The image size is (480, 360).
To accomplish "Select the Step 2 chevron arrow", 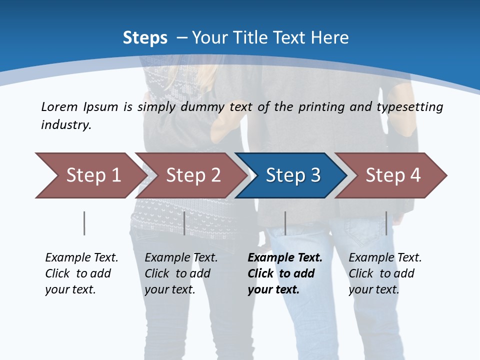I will tap(192, 175).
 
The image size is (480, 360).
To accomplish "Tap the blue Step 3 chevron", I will tap(292, 175).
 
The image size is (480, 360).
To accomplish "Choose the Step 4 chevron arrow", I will tap(392, 175).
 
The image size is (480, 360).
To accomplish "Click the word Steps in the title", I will tap(145, 38).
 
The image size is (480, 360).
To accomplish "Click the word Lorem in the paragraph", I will tap(59, 106).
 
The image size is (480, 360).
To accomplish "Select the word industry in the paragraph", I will tap(65, 124).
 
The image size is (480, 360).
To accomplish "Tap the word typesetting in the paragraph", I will tap(413, 107).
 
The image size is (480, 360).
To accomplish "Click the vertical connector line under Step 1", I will tap(84, 223).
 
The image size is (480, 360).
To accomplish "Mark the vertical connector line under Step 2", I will tap(184, 223).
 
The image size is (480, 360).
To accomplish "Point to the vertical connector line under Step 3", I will tap(285, 223).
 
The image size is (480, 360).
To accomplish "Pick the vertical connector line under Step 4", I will tap(386, 223).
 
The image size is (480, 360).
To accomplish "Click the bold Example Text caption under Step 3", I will tap(284, 273).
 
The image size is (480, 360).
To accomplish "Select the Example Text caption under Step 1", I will tap(81, 273).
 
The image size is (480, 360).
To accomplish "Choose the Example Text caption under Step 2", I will tap(181, 273).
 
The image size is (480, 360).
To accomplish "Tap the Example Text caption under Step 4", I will tap(384, 273).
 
